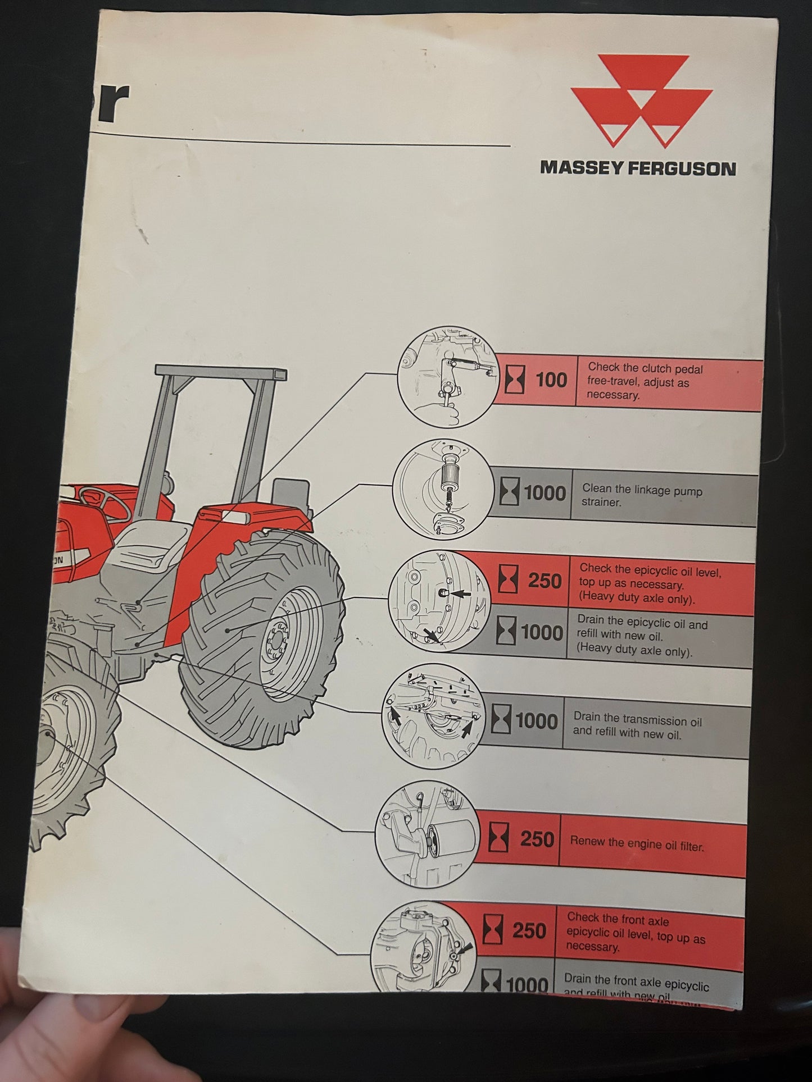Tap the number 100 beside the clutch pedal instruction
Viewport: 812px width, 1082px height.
[551, 381]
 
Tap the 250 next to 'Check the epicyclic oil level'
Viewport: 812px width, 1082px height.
[544, 581]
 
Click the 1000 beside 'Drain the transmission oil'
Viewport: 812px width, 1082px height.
[536, 721]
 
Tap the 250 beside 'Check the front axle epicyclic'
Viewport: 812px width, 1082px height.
[529, 930]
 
